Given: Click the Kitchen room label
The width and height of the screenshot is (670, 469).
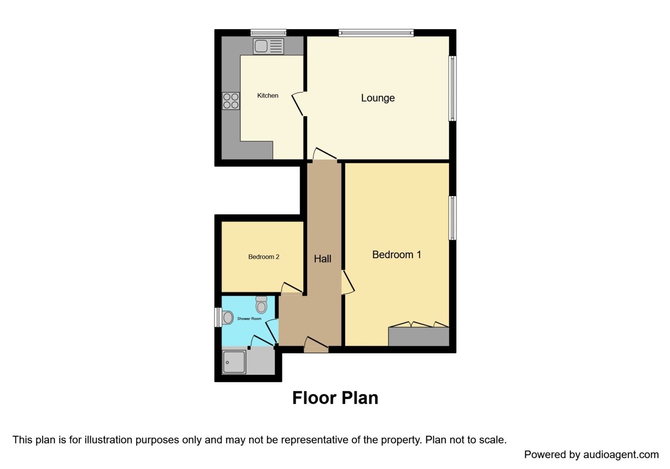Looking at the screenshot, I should [x=268, y=96].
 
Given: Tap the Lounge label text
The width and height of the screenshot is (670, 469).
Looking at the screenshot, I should [x=378, y=98].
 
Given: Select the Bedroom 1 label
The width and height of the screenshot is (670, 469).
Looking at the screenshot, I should [x=397, y=255].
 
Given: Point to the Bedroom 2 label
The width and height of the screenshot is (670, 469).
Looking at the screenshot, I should [x=264, y=257].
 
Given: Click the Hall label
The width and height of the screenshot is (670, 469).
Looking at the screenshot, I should [x=322, y=259].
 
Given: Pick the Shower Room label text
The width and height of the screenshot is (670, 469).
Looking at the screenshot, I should [x=249, y=318].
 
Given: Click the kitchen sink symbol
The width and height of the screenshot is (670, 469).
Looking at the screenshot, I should [x=268, y=46].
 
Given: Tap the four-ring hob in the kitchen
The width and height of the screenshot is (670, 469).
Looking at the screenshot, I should [x=230, y=101].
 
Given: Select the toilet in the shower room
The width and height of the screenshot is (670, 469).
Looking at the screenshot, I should [x=261, y=305].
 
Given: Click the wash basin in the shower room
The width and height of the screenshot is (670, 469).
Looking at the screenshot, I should [x=228, y=318].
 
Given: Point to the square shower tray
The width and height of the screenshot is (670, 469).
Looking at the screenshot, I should [x=234, y=362].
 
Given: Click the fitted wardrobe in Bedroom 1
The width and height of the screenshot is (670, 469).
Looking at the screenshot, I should [x=419, y=336].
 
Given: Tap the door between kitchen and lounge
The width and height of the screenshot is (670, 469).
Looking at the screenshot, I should [x=298, y=105].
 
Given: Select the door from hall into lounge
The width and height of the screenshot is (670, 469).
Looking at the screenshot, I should [x=325, y=154].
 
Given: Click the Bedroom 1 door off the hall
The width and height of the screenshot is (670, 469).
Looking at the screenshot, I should [x=348, y=282].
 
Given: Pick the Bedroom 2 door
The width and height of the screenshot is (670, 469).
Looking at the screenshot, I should [x=292, y=289].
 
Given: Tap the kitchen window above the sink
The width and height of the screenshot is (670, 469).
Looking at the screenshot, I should [x=268, y=32].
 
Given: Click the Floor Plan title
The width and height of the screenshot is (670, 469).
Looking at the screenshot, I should [x=335, y=398].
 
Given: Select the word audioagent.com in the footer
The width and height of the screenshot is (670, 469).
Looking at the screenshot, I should [x=621, y=455].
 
